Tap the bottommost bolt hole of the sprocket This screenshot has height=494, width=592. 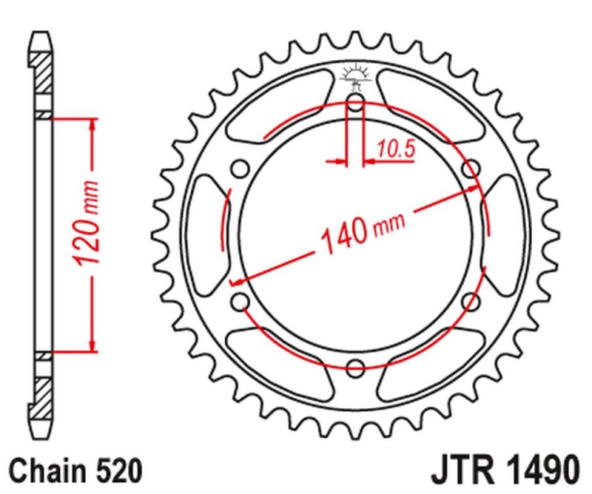(x=355, y=368)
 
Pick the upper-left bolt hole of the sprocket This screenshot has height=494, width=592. (x=240, y=169)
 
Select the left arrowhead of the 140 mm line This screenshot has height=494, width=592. (x=237, y=281)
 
